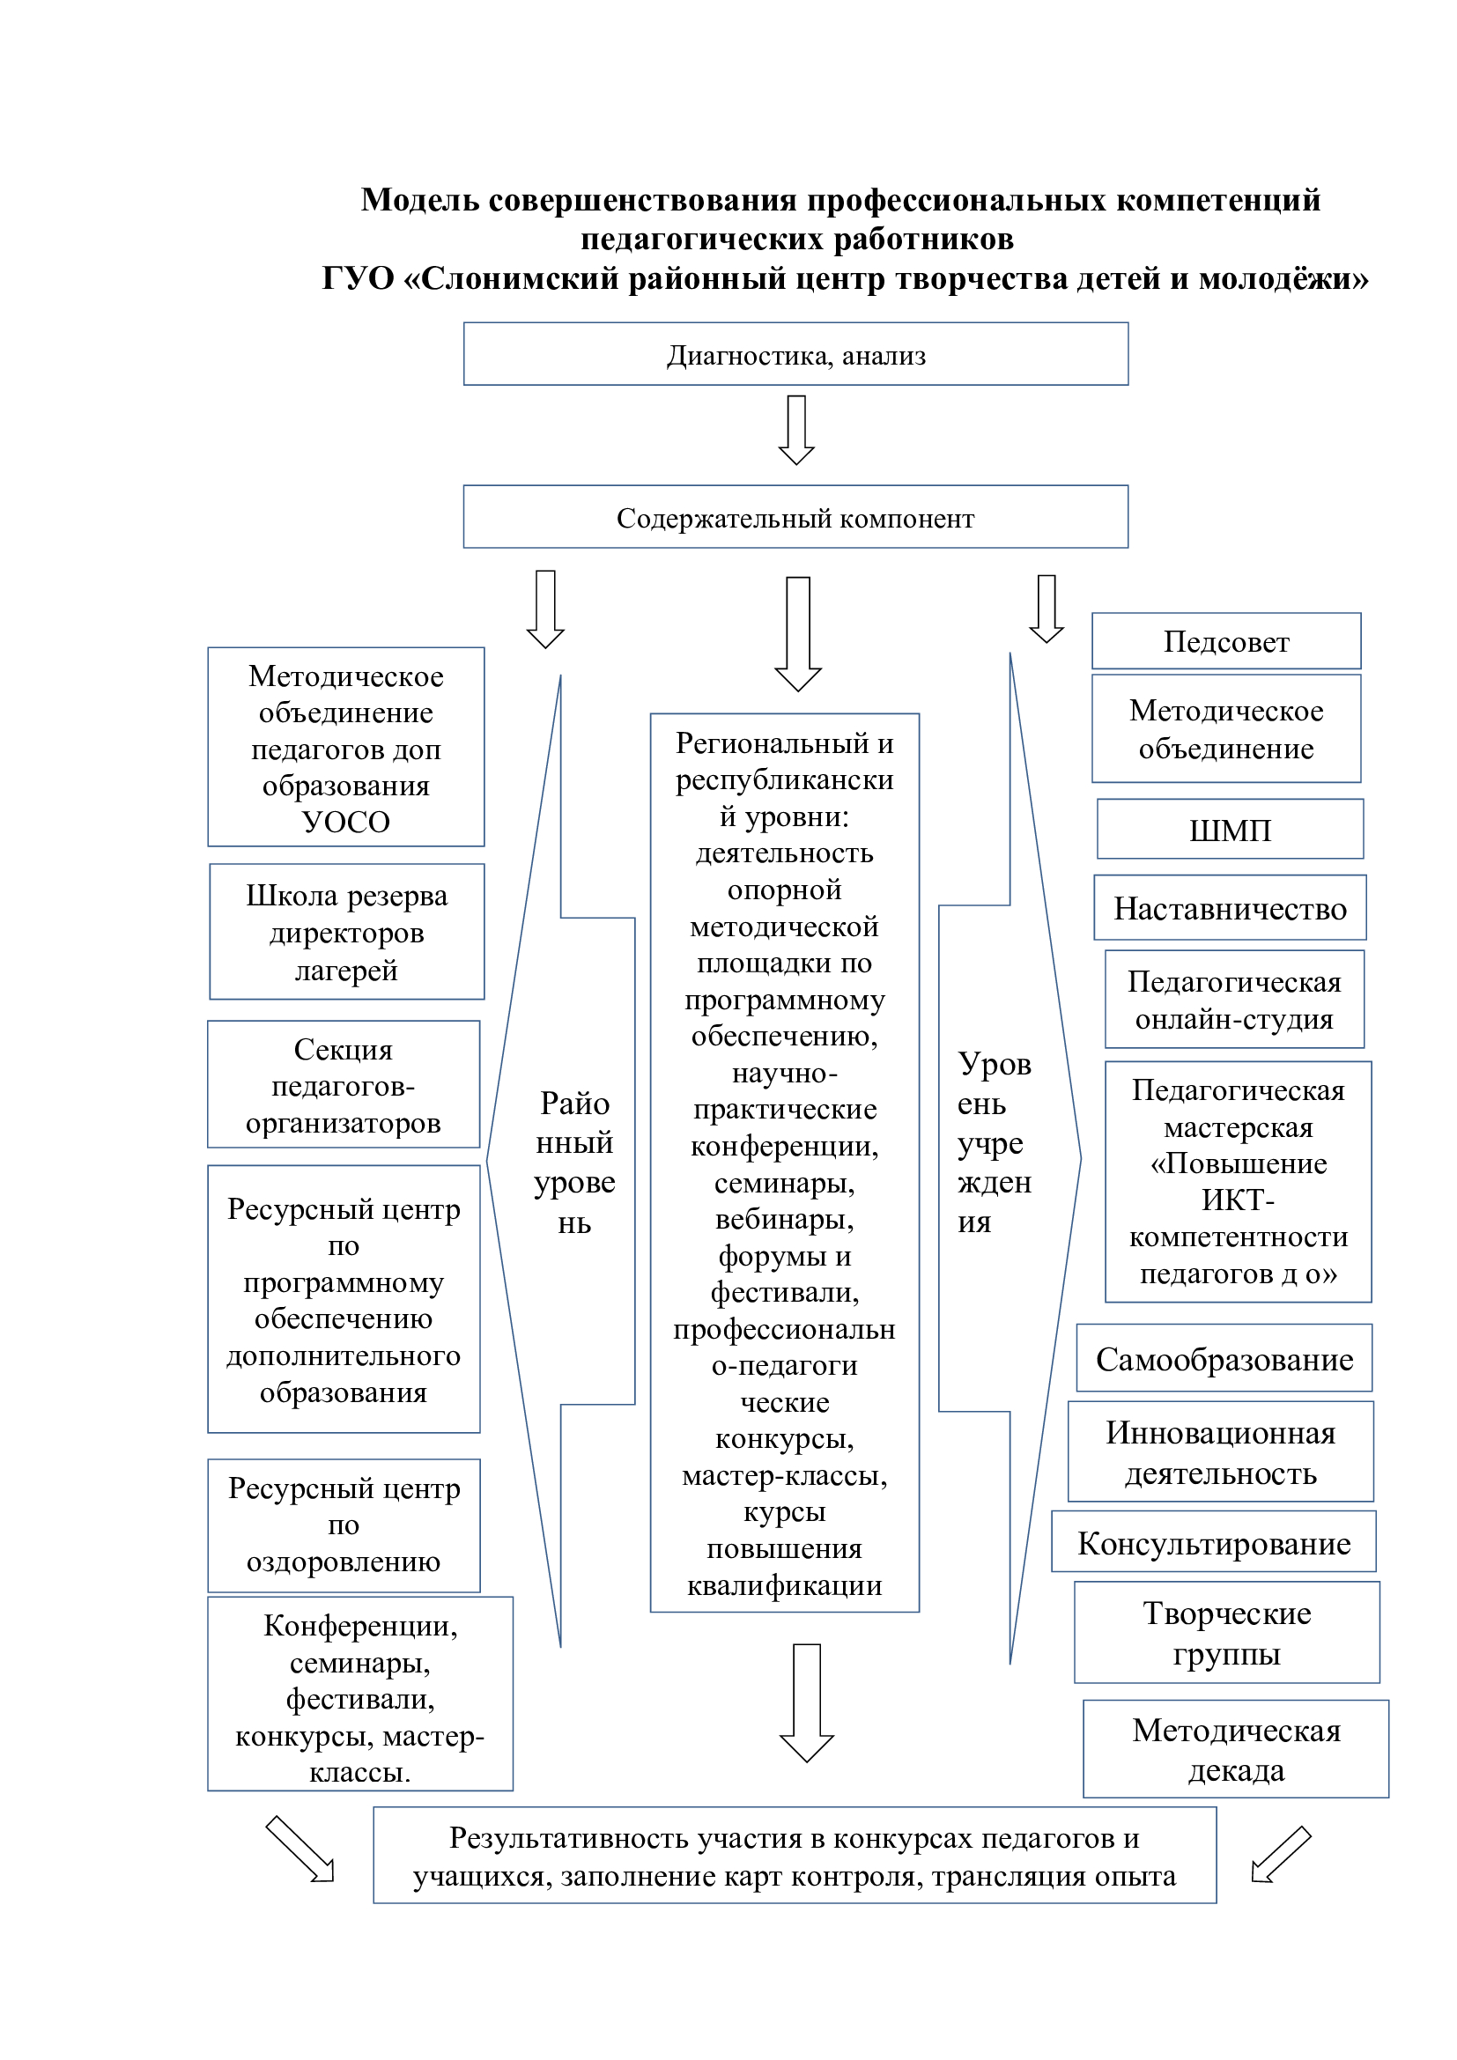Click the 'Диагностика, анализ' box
[x=795, y=354]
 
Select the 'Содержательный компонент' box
[x=795, y=517]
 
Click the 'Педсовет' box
[x=1225, y=641]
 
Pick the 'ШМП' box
[x=1229, y=830]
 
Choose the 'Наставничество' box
[x=1229, y=908]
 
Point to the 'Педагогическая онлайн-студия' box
[x=1233, y=1000]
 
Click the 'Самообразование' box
[x=1224, y=1359]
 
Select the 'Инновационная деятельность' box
[x=1220, y=1452]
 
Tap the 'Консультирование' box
[x=1213, y=1543]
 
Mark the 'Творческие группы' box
[x=1226, y=1633]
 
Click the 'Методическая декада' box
[x=1235, y=1750]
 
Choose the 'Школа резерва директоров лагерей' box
[x=346, y=932]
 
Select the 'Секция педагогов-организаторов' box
[x=344, y=1085]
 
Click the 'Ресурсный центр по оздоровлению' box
[x=344, y=1525]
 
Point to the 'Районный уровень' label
[x=574, y=1162]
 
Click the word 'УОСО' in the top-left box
[x=345, y=822]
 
